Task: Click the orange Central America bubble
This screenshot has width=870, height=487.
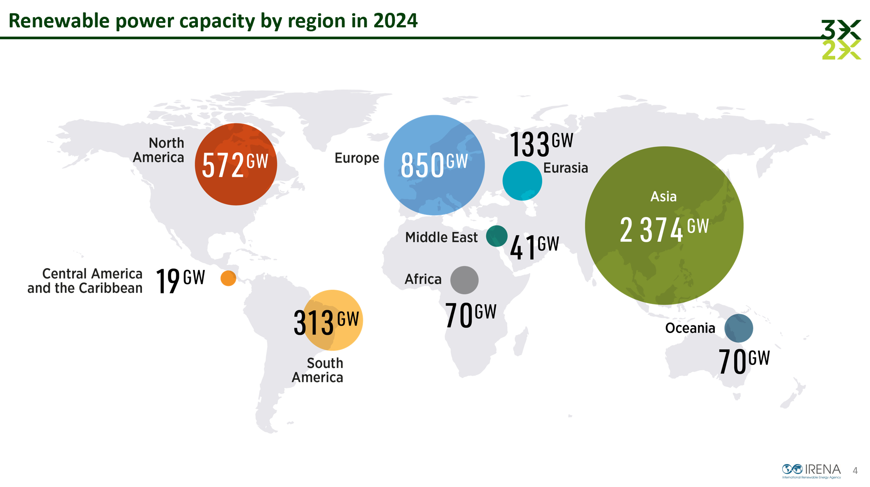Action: click(228, 278)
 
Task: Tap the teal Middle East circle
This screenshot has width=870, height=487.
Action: click(497, 236)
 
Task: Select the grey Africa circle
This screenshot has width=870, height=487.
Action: click(465, 280)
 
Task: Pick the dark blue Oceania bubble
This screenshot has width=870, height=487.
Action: click(739, 328)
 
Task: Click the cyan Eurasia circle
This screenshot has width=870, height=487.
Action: click(522, 181)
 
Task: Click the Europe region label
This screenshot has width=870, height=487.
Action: click(357, 158)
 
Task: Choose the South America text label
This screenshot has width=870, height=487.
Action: click(318, 370)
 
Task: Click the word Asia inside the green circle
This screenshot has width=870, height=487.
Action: click(663, 197)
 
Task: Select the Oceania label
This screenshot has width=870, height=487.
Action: click(690, 328)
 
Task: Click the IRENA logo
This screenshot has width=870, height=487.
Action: click(811, 470)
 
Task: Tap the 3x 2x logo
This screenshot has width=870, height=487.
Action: click(841, 40)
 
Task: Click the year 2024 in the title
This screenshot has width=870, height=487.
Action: click(395, 21)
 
